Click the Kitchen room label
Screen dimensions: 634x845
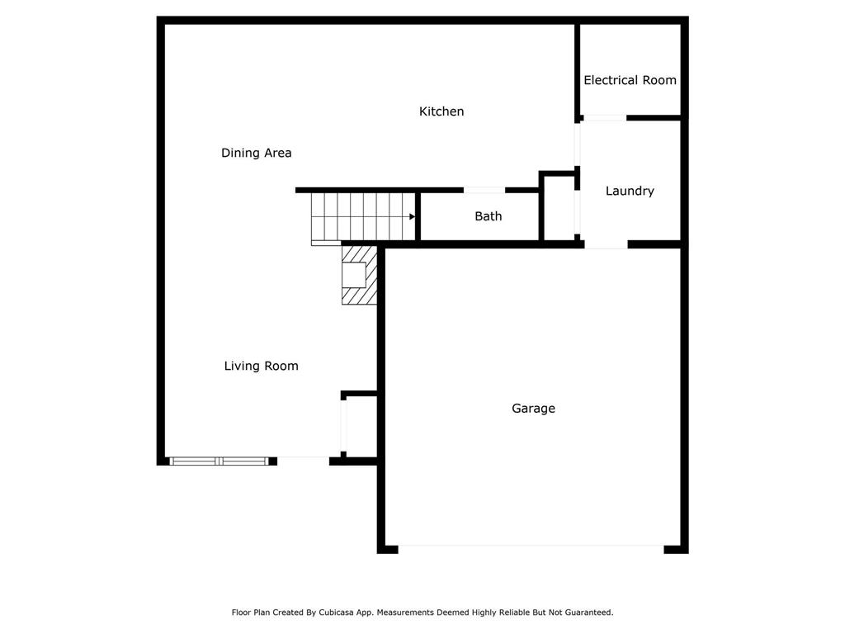pos(441,111)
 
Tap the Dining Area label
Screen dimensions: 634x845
pos(256,153)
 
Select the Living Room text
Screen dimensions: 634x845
pos(261,366)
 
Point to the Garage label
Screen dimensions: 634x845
pos(533,408)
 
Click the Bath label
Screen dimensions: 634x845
pos(488,216)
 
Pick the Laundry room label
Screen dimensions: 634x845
pos(630,191)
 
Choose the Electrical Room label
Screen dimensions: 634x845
pos(630,80)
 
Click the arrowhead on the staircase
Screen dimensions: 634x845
pos(412,216)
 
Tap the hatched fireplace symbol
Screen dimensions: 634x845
pos(360,274)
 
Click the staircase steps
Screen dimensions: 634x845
pos(360,217)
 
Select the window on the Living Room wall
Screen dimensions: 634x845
pos(220,461)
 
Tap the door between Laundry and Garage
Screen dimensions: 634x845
pos(606,245)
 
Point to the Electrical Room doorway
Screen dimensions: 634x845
pos(604,118)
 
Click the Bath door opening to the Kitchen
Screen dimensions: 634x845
pos(484,190)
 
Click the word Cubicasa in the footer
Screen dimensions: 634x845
pos(335,613)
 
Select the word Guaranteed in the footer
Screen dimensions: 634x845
pos(587,613)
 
